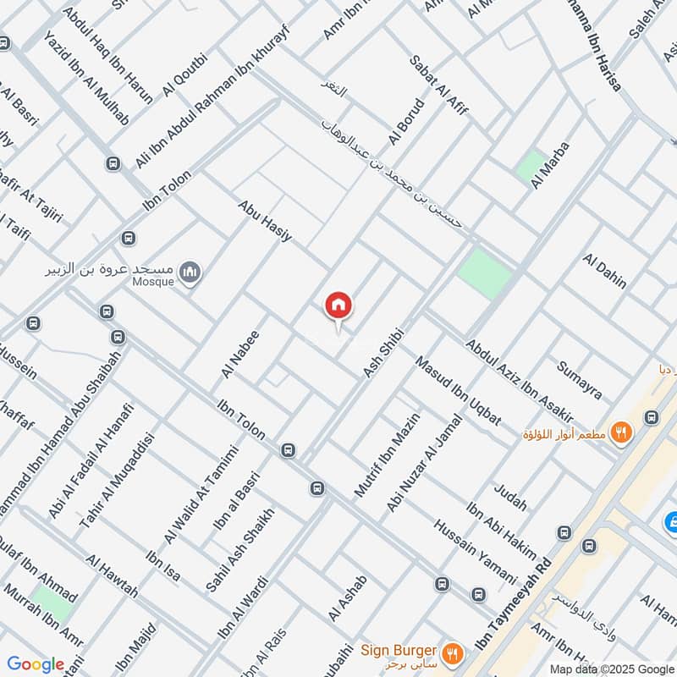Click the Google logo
(x=36, y=664)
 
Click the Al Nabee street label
(x=239, y=354)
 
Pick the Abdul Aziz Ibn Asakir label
(x=520, y=381)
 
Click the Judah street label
(x=509, y=493)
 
